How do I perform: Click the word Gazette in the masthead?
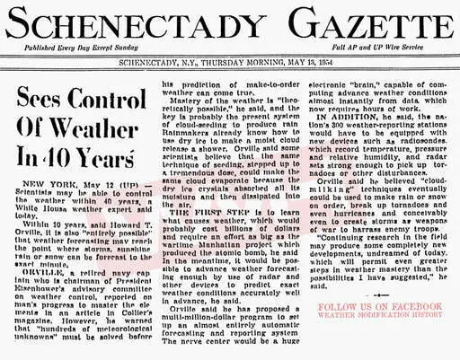(x=345, y=22)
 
